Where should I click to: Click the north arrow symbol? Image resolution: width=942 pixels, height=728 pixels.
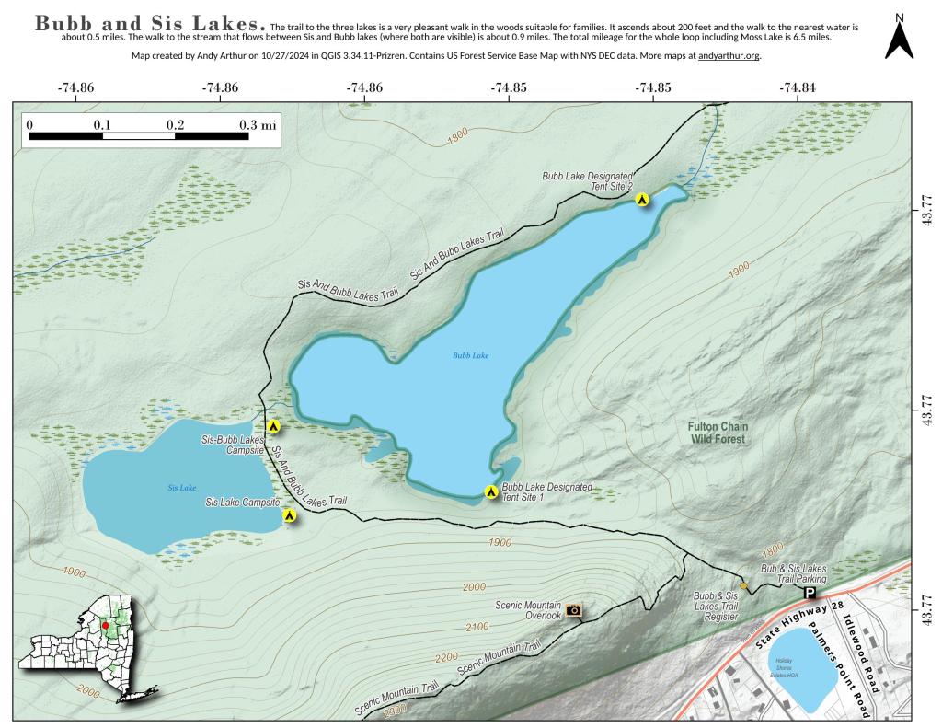coord(899,38)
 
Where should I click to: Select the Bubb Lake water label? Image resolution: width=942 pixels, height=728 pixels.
coord(469,354)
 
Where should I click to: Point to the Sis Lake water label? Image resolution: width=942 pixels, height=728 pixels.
coord(182,487)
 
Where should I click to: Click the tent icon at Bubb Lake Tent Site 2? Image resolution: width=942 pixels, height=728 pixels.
coord(642,198)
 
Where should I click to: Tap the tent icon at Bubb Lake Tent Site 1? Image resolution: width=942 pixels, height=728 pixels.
coord(491,492)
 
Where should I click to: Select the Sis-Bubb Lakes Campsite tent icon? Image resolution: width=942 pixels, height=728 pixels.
coord(273,426)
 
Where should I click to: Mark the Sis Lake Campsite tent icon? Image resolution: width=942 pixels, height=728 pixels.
coord(290,515)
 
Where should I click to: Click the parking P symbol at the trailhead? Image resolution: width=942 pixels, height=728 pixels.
coord(810,594)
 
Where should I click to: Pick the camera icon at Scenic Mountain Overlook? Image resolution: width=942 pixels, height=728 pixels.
coord(574,609)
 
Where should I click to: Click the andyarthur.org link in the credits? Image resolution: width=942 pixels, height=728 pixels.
coord(729,56)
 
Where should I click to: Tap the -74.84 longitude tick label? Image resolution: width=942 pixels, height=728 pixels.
coord(796,88)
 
